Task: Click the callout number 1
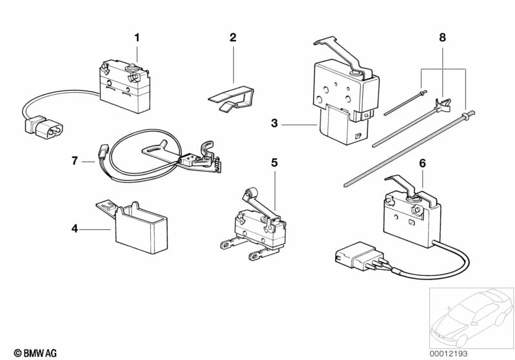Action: [137, 38]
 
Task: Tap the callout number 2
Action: [233, 37]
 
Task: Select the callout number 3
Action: [274, 124]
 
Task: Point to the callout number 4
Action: [75, 229]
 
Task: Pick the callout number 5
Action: [274, 163]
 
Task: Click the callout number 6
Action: [422, 163]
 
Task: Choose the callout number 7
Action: [75, 161]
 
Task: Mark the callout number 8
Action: [442, 37]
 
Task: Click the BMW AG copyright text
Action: [35, 353]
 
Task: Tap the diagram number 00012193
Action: [449, 354]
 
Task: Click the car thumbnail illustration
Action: [472, 317]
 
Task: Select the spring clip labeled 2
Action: [233, 98]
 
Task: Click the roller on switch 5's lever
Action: [253, 191]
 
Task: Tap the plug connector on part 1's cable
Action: [44, 127]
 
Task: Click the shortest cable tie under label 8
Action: [405, 102]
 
